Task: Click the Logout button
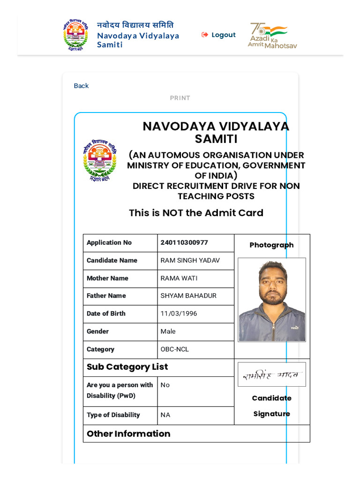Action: [x=219, y=35]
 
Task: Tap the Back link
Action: [x=81, y=86]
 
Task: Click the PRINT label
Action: [x=180, y=98]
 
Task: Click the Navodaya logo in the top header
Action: [x=75, y=35]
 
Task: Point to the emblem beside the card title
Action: [x=99, y=161]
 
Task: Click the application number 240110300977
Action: [x=184, y=242]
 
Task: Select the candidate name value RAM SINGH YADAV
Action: [x=190, y=261]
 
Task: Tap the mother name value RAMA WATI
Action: [x=179, y=278]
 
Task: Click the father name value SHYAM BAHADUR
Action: [x=188, y=296]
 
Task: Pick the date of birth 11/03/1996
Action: [x=179, y=314]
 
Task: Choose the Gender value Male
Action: [x=168, y=331]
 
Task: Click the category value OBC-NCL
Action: [x=174, y=349]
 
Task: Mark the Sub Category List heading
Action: [x=127, y=367]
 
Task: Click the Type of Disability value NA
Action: [x=165, y=415]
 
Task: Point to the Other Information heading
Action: [x=128, y=434]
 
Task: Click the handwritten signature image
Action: [x=272, y=375]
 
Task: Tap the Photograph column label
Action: [x=271, y=245]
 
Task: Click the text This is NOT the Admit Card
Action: [x=196, y=213]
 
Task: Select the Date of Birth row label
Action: [x=106, y=314]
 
